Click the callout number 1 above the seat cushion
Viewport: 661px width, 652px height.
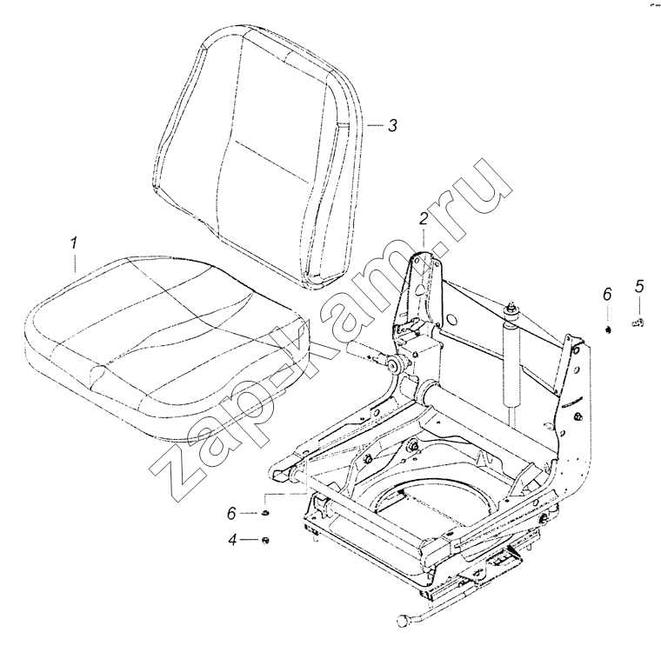click(x=74, y=243)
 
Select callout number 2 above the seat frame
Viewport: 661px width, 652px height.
click(x=424, y=219)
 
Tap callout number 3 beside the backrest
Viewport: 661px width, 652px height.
click(x=392, y=125)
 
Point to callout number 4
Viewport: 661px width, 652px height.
click(x=233, y=540)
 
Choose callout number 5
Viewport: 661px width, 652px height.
click(x=639, y=286)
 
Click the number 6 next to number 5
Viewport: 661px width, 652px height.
click(x=607, y=294)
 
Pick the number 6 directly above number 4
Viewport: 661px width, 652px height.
click(x=231, y=513)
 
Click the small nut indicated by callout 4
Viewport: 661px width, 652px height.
click(x=265, y=541)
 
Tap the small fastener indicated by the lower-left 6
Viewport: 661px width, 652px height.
click(x=265, y=513)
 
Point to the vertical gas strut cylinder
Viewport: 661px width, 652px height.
click(x=510, y=363)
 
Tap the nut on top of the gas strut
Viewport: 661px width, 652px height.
click(x=511, y=308)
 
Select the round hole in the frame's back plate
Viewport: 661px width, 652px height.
click(x=451, y=319)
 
